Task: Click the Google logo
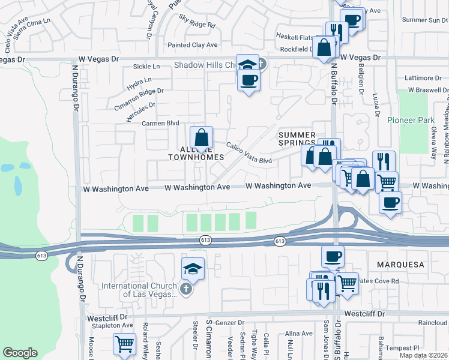tap(20, 353)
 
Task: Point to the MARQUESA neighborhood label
tap(400, 264)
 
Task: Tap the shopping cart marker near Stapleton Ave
tap(124, 345)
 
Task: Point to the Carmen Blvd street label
tap(160, 123)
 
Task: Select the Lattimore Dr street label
tap(423, 78)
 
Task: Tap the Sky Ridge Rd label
tap(197, 22)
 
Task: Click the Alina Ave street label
tap(299, 334)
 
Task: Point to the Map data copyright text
tap(423, 355)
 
